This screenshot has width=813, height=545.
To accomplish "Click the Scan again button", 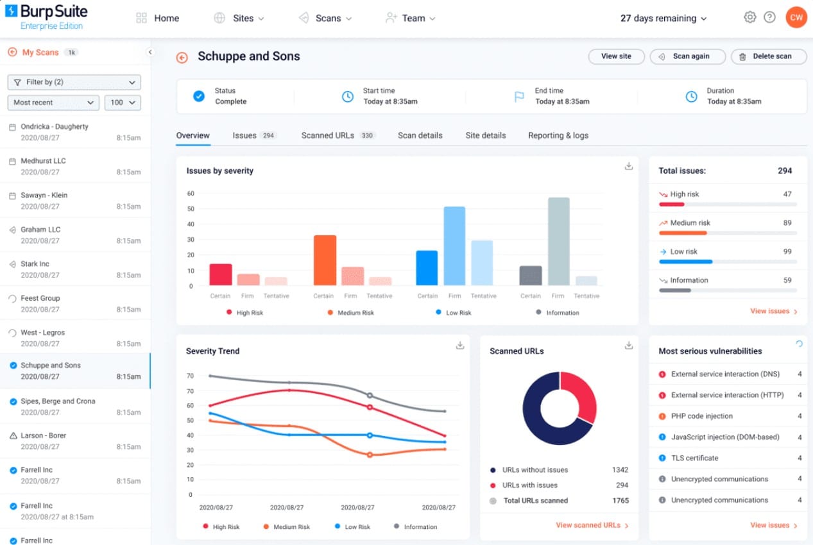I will [x=687, y=56].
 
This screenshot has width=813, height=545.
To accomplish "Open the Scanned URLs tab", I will [x=327, y=135].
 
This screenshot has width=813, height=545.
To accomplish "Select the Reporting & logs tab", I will [x=558, y=135].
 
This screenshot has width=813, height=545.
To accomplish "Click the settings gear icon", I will [x=749, y=18].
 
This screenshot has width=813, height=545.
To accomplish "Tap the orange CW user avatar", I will [x=796, y=18].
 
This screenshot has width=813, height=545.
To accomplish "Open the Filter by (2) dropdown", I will [x=74, y=82].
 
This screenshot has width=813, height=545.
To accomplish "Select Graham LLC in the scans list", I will [x=40, y=230].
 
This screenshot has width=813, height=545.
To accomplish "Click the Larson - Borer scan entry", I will [x=43, y=435].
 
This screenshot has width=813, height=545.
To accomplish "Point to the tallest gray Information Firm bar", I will [x=558, y=241].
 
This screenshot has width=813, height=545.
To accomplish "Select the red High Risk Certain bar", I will [x=220, y=274].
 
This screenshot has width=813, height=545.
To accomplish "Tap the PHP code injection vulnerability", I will [x=701, y=416].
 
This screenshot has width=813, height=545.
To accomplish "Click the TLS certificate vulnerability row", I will [x=694, y=458].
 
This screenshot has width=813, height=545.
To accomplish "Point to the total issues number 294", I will [x=784, y=171].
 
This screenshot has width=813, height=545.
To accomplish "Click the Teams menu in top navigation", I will [x=411, y=18].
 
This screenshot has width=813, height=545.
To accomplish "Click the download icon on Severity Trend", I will [x=459, y=346].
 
